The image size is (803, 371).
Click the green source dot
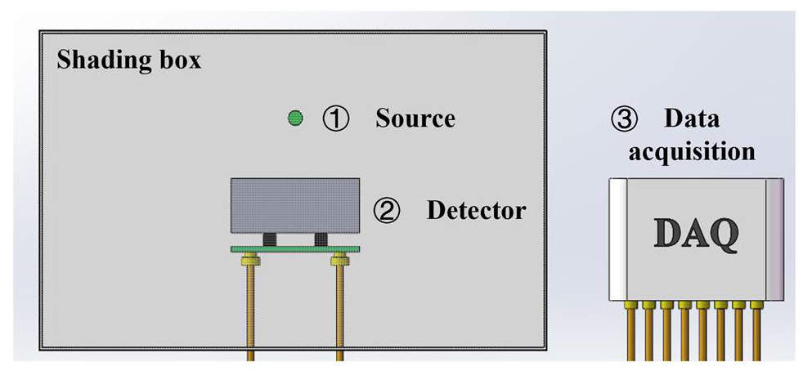(x=295, y=118)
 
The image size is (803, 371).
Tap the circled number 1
(x=335, y=119)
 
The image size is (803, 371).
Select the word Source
(x=415, y=118)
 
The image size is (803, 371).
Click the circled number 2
(x=386, y=211)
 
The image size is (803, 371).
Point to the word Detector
(x=476, y=211)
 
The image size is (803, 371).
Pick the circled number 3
(x=622, y=119)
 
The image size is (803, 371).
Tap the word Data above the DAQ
(x=692, y=118)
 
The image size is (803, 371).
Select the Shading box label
(x=128, y=60)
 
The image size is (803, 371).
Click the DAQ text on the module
(x=698, y=234)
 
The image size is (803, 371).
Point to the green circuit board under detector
(x=295, y=248)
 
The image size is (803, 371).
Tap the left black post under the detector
(x=268, y=239)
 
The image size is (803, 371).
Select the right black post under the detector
(x=321, y=239)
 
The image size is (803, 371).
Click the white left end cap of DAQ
(x=617, y=238)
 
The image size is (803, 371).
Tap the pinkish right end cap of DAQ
(x=774, y=238)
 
